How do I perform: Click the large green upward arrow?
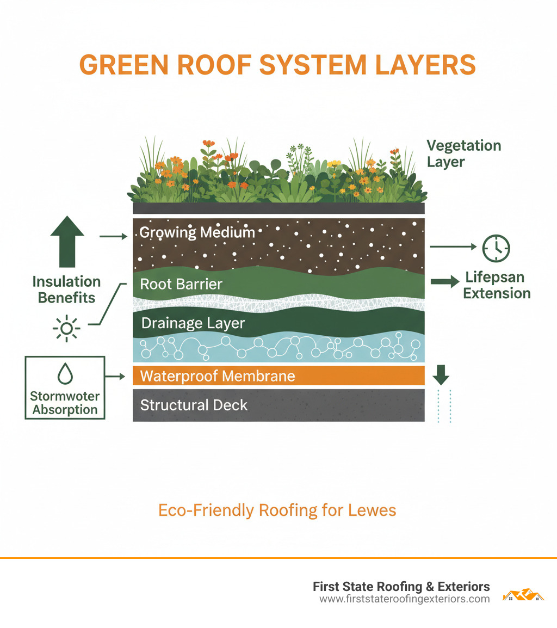[x=67, y=241]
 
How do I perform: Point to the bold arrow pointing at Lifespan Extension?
[x=444, y=282]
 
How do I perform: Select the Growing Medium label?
[x=197, y=233]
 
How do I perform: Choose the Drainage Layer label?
[x=193, y=323]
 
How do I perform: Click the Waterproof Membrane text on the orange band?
[x=218, y=376]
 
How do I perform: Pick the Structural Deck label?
[x=194, y=405]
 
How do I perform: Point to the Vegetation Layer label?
[x=463, y=154]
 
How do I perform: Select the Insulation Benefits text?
[x=66, y=290]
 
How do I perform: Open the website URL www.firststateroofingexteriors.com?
[x=404, y=599]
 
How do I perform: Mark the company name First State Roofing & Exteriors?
[x=401, y=587]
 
